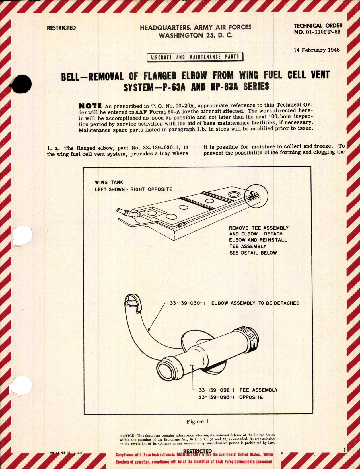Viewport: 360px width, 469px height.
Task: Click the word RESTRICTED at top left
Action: tap(61, 28)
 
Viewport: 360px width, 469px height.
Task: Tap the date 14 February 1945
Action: tap(316, 50)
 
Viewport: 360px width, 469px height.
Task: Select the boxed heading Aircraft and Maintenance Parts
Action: tap(195, 57)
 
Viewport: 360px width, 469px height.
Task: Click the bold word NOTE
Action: tap(90, 106)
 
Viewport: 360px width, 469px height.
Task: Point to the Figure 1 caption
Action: tap(198, 421)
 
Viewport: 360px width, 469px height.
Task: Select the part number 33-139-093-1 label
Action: tap(216, 397)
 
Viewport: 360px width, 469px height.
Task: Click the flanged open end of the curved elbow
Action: tap(133, 302)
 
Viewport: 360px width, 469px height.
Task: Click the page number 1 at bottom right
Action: tap(344, 450)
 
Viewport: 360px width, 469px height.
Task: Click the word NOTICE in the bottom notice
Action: tap(127, 435)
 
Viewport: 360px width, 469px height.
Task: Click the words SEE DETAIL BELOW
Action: tap(253, 253)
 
